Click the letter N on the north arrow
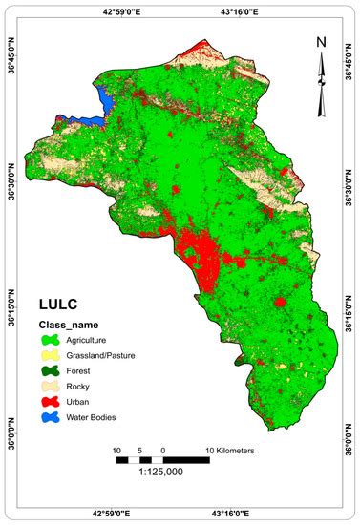(322, 41)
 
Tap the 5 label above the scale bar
(140, 449)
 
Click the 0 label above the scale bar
(163, 449)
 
